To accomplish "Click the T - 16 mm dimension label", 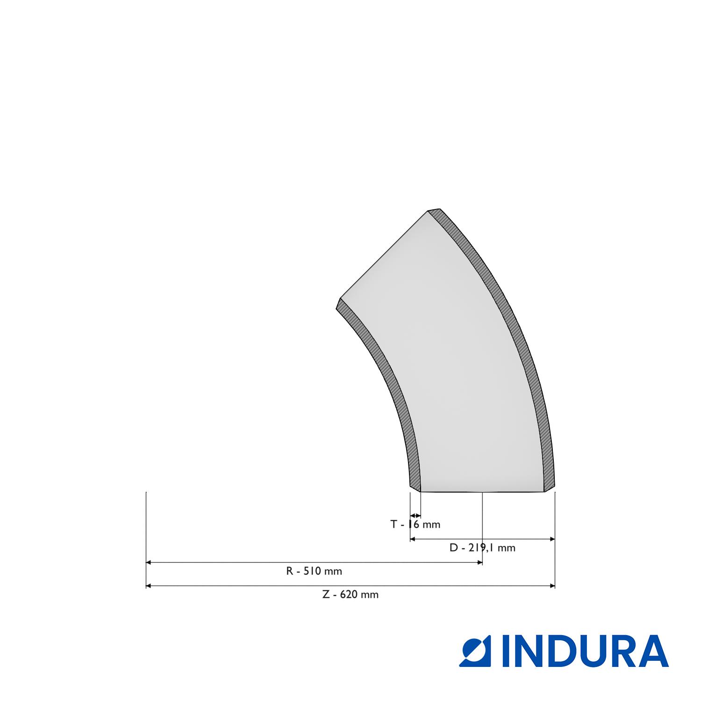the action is point(415,524).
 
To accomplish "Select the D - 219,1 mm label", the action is point(482,548).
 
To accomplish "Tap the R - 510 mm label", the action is point(314,571).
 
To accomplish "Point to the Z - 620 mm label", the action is point(350,594).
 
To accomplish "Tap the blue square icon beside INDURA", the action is point(477,651).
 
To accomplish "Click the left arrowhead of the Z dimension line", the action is point(149,586).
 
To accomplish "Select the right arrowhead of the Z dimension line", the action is point(552,586).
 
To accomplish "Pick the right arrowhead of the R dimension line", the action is point(479,563).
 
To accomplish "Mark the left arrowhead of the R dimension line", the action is point(149,563).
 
